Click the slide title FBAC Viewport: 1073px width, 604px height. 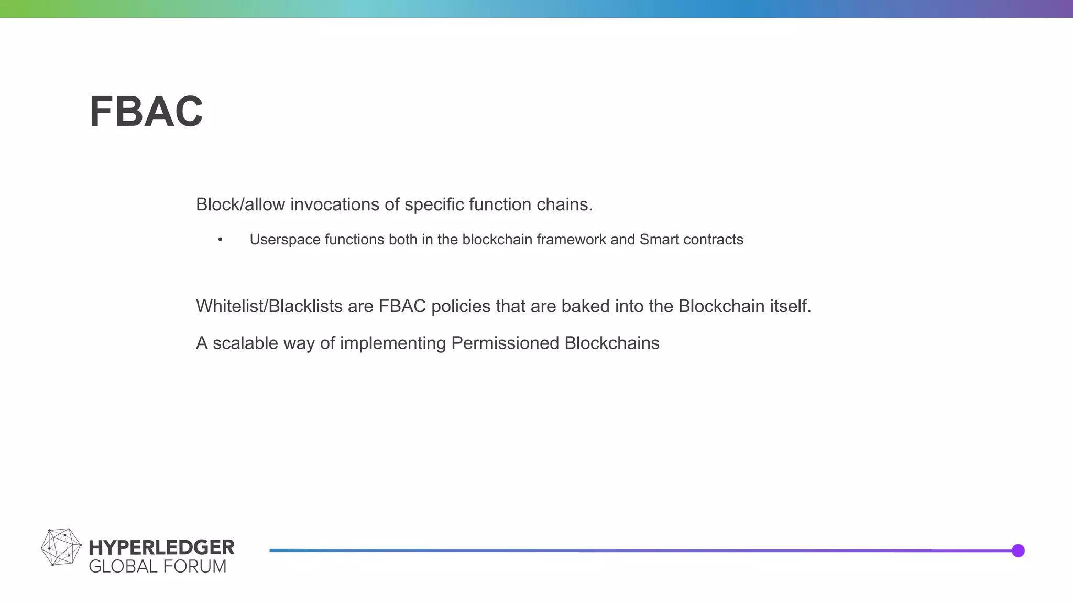[x=146, y=112]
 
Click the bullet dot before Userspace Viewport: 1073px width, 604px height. [x=221, y=240]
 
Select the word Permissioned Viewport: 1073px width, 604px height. [x=505, y=343]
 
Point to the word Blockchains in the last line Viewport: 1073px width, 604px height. [x=611, y=343]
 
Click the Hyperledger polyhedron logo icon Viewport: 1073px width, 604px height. [x=61, y=547]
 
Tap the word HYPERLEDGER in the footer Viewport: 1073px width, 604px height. [x=161, y=547]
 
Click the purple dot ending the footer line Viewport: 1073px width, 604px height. [x=1018, y=551]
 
